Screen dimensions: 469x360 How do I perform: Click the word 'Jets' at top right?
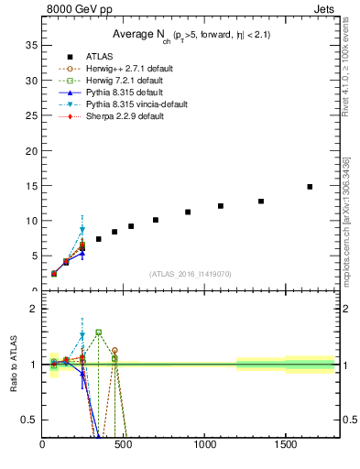pyautogui.click(x=326, y=8)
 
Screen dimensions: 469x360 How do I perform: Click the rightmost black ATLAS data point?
pyautogui.click(x=310, y=187)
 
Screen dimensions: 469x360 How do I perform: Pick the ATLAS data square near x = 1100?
pyautogui.click(x=221, y=206)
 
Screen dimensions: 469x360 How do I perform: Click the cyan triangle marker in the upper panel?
pyautogui.click(x=82, y=231)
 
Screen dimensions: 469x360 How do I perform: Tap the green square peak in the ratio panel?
pyautogui.click(x=98, y=333)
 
